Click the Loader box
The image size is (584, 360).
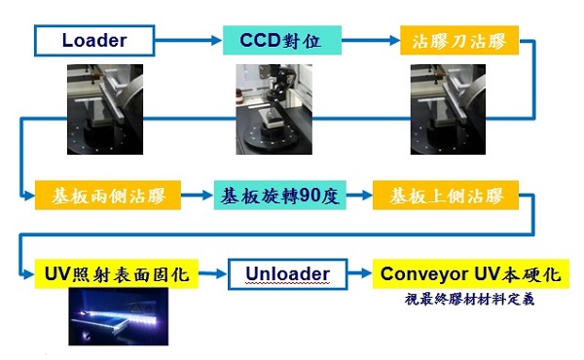point(94,41)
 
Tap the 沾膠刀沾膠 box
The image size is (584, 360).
point(459,41)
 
